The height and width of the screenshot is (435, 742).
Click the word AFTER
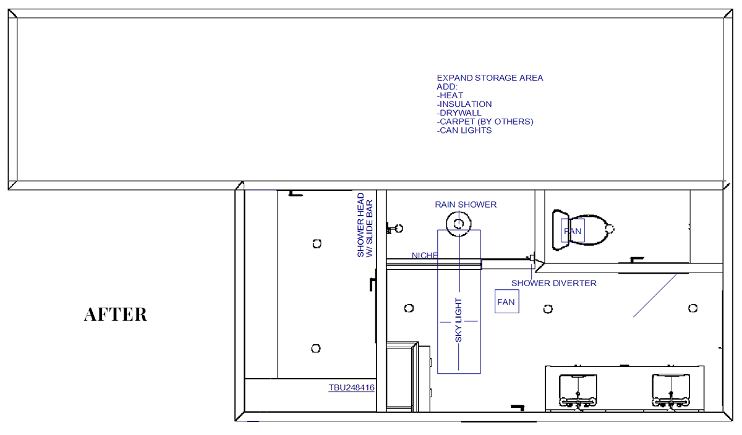click(115, 315)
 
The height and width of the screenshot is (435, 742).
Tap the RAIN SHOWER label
click(466, 205)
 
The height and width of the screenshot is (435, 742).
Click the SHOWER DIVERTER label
click(554, 283)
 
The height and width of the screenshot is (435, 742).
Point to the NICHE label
click(425, 256)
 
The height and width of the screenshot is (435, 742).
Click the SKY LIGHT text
click(458, 320)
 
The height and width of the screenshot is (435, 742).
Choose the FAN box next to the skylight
click(507, 302)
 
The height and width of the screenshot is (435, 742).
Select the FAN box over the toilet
click(573, 230)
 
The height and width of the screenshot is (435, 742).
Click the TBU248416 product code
click(351, 387)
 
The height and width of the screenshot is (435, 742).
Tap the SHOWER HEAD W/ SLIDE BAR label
click(365, 225)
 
